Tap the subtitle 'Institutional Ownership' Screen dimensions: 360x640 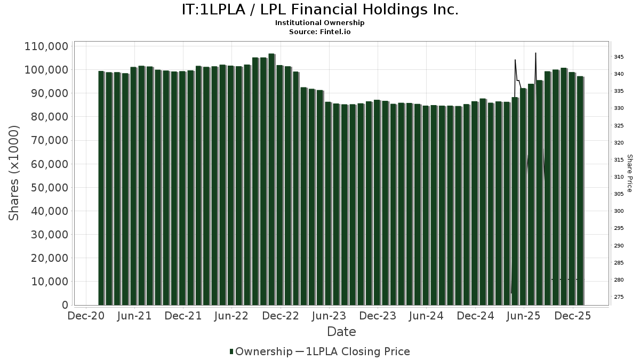(320, 23)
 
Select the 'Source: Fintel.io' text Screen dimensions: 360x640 (320, 32)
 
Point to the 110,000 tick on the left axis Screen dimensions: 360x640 (46, 46)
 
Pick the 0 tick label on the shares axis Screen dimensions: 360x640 (65, 305)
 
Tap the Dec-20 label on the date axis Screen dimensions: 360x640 (85, 316)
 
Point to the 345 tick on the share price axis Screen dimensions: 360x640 (619, 57)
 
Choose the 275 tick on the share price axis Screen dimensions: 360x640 (619, 297)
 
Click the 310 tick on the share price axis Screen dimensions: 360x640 (619, 177)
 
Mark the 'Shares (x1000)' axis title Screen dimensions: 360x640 (14, 173)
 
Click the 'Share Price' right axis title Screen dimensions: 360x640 (629, 173)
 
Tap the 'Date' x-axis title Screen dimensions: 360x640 (341, 332)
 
